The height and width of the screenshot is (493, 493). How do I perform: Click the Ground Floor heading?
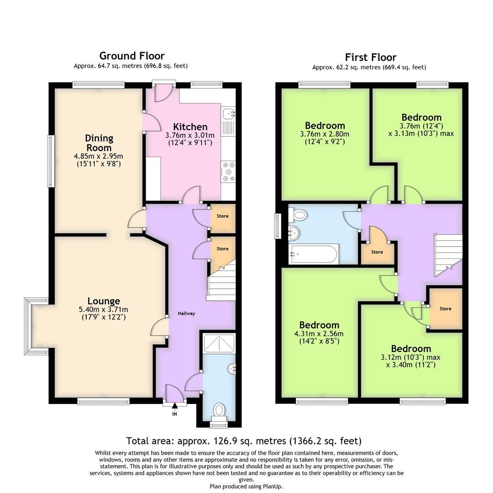131,56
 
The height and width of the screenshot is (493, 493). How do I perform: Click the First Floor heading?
370,57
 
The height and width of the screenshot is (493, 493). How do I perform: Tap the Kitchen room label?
190,126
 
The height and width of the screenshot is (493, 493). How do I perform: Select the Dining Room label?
99,143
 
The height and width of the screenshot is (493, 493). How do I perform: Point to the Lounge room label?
104,301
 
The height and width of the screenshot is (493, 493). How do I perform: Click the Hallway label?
186,313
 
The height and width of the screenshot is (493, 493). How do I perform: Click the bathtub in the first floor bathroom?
314,254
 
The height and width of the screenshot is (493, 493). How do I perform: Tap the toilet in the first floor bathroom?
299,214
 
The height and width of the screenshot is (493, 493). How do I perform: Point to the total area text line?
244,441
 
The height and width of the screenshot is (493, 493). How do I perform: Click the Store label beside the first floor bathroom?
377,252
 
